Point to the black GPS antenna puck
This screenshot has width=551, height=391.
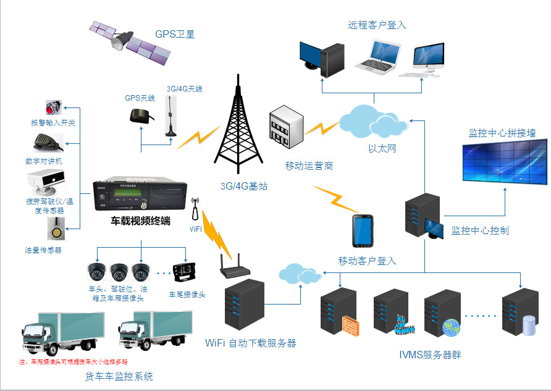138,115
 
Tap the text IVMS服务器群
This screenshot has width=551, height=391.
431,355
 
